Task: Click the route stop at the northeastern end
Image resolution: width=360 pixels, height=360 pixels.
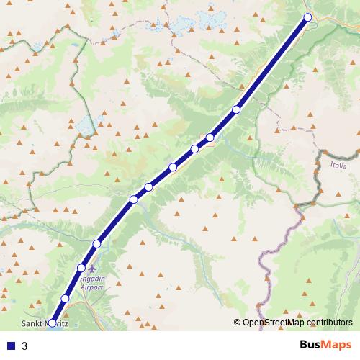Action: (307, 17)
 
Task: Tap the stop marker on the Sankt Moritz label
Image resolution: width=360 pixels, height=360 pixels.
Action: (52, 323)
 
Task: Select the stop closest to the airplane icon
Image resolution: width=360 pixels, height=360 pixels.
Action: (81, 268)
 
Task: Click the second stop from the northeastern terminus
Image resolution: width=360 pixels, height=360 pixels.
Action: (236, 109)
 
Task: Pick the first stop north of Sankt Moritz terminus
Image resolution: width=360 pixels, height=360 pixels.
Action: (65, 298)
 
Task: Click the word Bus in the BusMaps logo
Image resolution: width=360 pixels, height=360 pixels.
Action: (310, 345)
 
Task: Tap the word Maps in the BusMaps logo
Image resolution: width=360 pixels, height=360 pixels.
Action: (336, 345)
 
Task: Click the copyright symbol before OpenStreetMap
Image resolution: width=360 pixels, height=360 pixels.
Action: (238, 323)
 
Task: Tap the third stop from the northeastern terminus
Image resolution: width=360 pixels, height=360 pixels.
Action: (210, 138)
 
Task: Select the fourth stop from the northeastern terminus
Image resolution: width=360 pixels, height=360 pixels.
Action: (194, 149)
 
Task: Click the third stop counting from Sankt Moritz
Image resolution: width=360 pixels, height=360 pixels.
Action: (81, 268)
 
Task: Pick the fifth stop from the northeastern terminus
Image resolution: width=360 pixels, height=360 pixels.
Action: (173, 168)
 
